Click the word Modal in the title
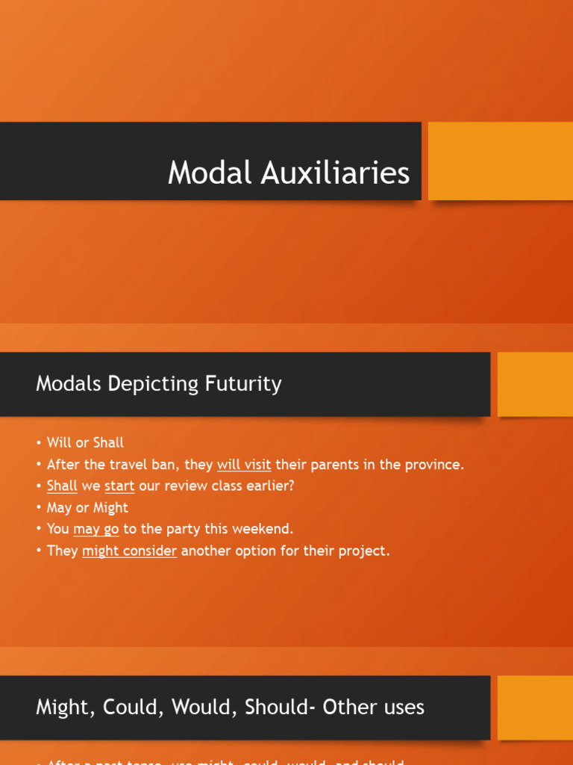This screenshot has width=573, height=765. click(x=210, y=173)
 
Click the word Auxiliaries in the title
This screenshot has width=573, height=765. click(x=335, y=173)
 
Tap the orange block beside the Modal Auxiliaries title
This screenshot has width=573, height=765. click(x=500, y=161)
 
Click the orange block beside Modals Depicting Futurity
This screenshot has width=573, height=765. click(x=535, y=384)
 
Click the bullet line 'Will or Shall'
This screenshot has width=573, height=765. click(x=85, y=442)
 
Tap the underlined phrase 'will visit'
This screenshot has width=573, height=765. click(x=244, y=464)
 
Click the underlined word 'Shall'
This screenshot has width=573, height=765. click(x=62, y=486)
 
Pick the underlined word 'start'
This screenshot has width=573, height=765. click(x=119, y=486)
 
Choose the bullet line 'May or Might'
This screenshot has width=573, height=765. click(x=87, y=507)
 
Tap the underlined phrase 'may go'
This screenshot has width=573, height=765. click(x=96, y=529)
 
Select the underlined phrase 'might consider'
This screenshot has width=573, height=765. click(x=129, y=551)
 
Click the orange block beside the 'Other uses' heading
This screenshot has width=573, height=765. click(x=535, y=707)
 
